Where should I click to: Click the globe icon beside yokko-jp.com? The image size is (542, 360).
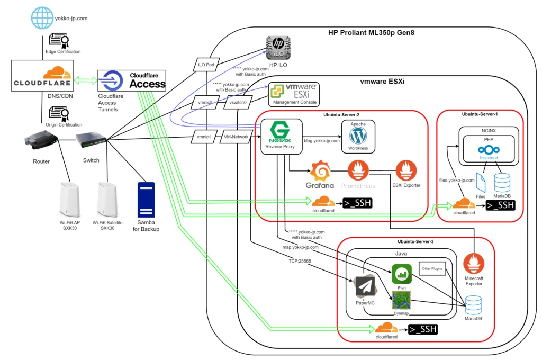(x=42, y=17)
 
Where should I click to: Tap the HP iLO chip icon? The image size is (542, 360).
(x=278, y=48)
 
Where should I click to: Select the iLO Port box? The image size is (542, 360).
(x=206, y=65)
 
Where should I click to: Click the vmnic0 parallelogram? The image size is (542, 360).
(x=205, y=102)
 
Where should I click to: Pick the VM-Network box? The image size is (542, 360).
(x=236, y=137)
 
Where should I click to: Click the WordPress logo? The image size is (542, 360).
(x=358, y=136)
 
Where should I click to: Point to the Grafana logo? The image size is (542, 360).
(x=320, y=171)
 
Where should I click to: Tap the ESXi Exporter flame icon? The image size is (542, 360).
(x=406, y=170)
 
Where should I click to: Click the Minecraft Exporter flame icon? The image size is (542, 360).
(x=474, y=264)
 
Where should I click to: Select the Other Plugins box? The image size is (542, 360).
(x=432, y=268)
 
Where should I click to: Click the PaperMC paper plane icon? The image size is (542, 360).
(x=365, y=287)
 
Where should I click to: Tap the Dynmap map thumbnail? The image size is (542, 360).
(x=401, y=300)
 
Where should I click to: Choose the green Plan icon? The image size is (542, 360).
(x=402, y=274)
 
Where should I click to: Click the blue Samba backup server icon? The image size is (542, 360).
(x=146, y=200)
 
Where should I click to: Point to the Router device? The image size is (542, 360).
(x=41, y=140)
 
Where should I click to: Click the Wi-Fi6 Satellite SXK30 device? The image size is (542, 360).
(x=107, y=200)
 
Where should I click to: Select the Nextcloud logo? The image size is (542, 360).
(x=489, y=150)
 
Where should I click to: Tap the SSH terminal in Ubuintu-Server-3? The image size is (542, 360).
(x=423, y=329)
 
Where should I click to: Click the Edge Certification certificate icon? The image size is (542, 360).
(x=59, y=40)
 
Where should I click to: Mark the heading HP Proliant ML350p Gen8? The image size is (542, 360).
(x=371, y=32)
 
